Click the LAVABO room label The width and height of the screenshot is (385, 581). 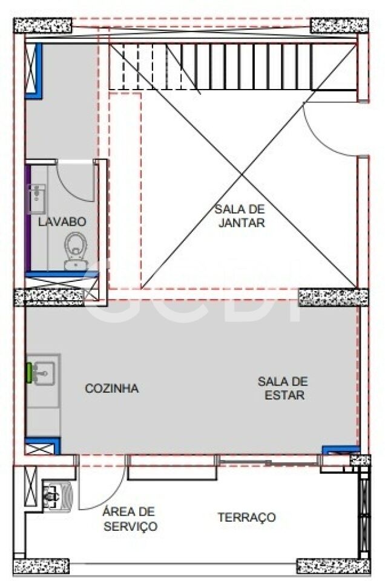point(62,222)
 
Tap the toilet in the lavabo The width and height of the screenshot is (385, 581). point(76,251)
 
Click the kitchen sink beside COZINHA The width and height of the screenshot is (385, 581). point(44,373)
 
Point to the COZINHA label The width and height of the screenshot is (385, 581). point(112,389)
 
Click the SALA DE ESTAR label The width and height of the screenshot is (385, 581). point(283,388)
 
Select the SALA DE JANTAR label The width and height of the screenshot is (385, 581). point(240,215)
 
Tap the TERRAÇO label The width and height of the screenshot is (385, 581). point(247,517)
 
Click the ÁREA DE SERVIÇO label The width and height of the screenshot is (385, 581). point(130,519)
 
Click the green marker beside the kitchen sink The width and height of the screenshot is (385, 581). point(29,373)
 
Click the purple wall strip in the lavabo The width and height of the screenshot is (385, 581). point(28,218)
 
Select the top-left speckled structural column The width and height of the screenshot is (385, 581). point(42,25)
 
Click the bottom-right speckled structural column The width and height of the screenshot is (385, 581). point(334,566)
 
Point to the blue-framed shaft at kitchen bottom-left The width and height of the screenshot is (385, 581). point(42,447)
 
